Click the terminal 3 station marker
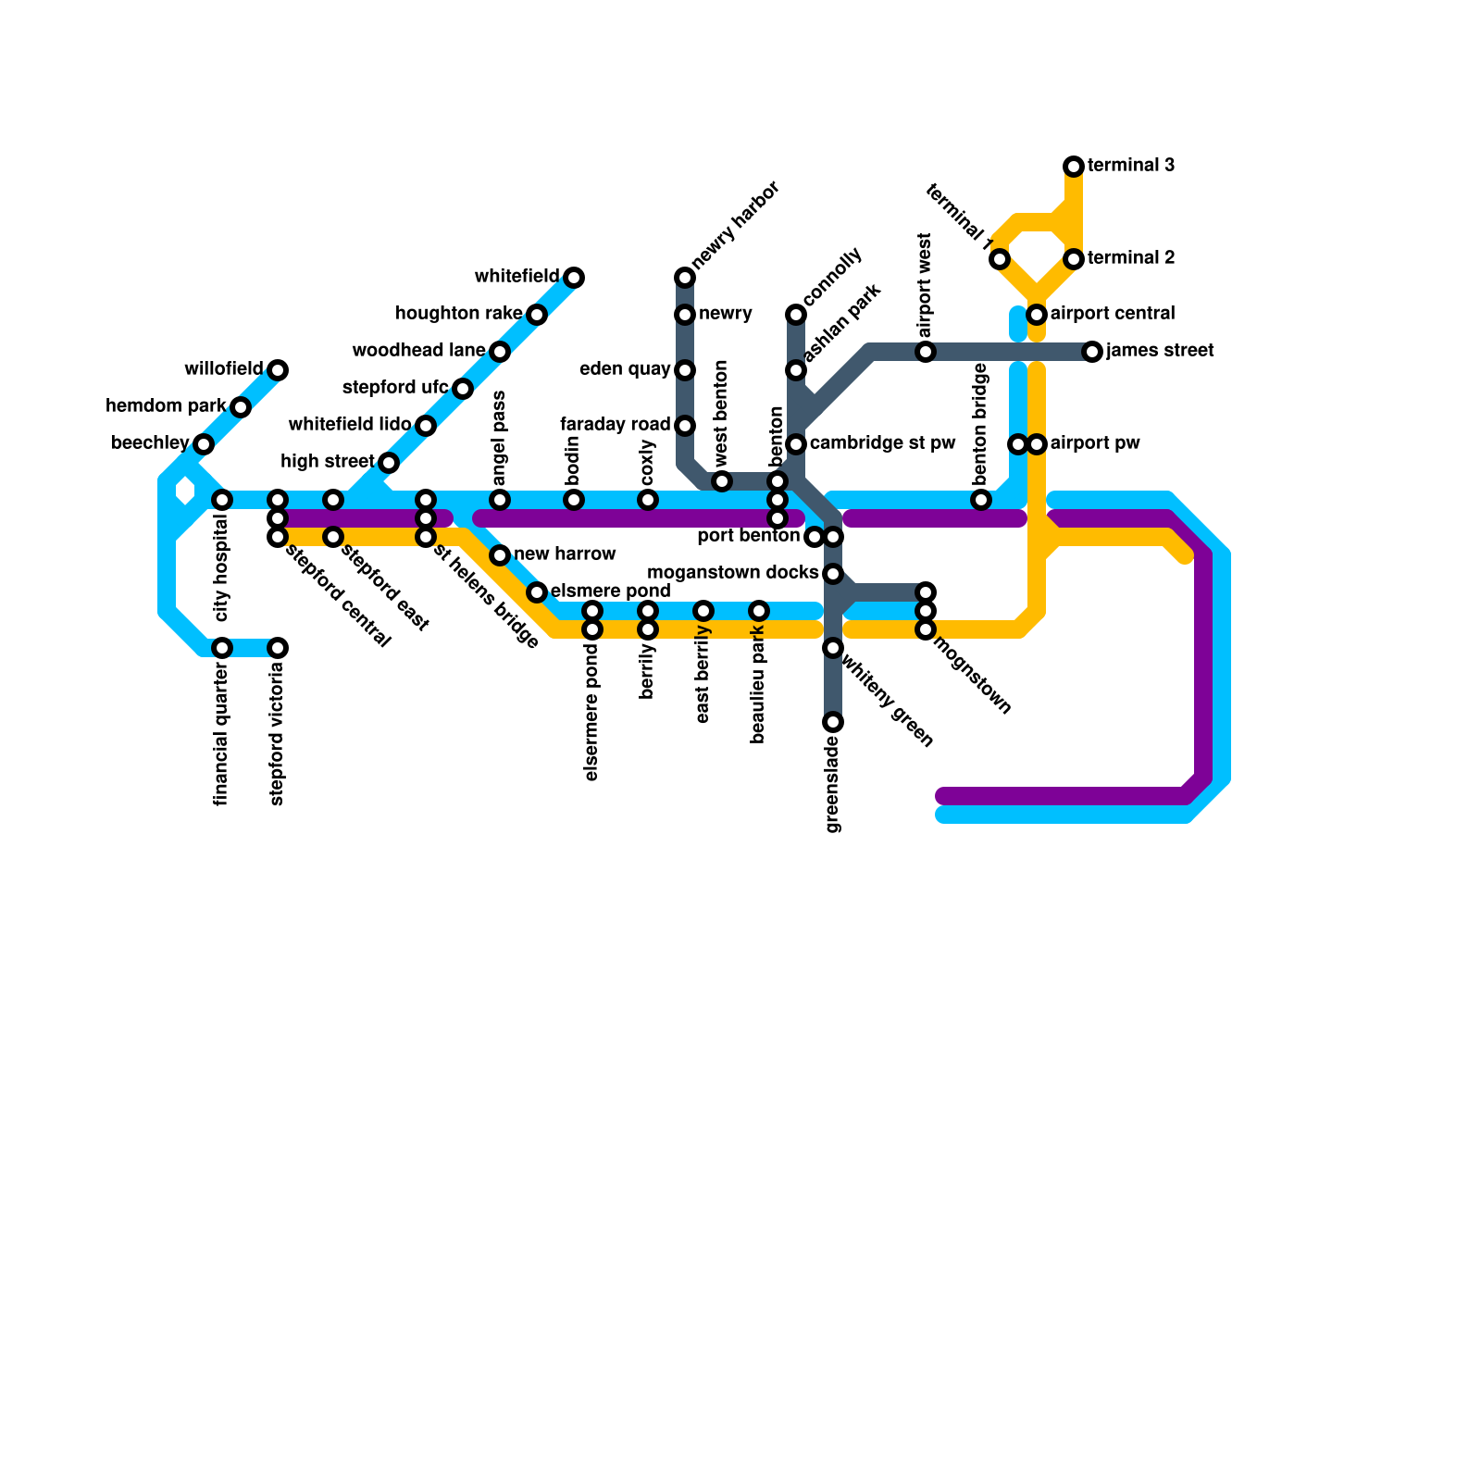[1074, 167]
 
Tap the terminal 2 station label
[1131, 258]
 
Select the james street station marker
[1092, 352]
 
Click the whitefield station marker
[574, 278]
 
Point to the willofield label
[224, 369]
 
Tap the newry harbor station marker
[685, 278]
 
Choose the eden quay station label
[625, 369]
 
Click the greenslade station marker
[833, 722]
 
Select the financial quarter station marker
[222, 648]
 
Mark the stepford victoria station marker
[278, 648]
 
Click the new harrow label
[565, 554]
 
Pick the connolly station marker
[796, 315]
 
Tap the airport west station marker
[926, 352]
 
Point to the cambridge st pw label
[882, 443]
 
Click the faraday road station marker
[685, 426]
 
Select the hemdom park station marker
[241, 407]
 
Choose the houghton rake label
[458, 314]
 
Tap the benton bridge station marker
[981, 500]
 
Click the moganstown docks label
[732, 573]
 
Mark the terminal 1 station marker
[1000, 259]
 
